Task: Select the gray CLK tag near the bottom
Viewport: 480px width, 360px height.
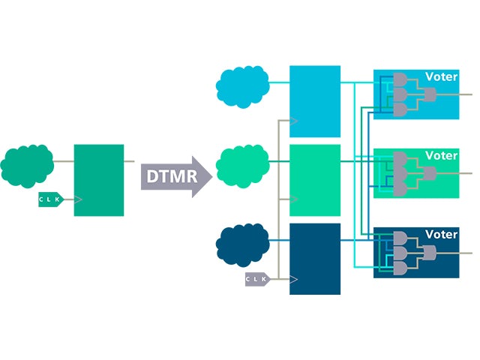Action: (256, 280)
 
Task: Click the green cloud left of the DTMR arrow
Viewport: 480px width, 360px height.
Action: (27, 166)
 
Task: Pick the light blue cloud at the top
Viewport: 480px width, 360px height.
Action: (243, 88)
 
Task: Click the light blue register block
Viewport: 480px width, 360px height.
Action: (315, 101)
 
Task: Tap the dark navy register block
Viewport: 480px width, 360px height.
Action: (315, 259)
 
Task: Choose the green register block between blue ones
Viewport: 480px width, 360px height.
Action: (315, 180)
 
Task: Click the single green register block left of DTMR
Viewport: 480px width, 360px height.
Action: (98, 180)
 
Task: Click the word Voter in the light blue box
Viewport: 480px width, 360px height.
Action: (441, 76)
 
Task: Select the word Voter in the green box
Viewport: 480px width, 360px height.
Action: (441, 155)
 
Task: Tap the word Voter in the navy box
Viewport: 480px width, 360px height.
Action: (441, 234)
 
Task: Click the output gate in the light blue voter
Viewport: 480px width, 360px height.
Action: (430, 94)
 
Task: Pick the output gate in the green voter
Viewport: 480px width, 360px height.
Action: (430, 173)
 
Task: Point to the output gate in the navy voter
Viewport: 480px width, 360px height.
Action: (430, 253)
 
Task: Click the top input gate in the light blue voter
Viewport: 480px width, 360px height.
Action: (400, 79)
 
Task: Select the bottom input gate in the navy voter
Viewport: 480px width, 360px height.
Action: (400, 268)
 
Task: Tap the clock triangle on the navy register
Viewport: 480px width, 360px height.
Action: (294, 280)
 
